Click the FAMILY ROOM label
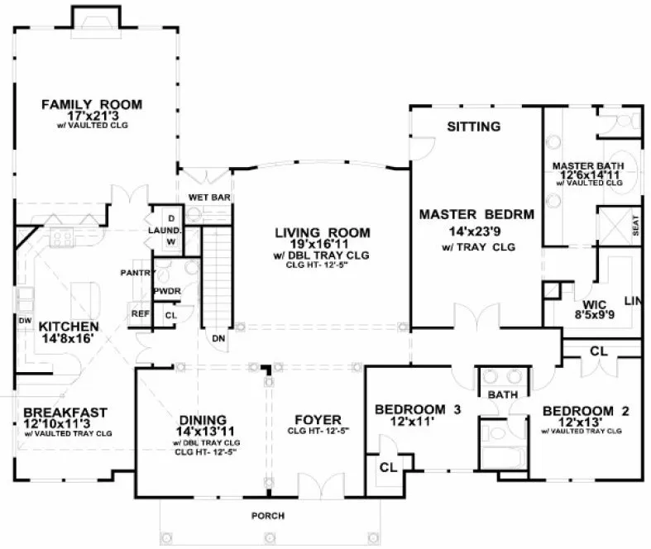point(92,104)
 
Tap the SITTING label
point(473,127)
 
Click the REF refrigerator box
point(138,313)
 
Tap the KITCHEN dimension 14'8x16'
point(69,339)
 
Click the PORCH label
point(268,516)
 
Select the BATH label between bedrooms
point(501,395)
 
